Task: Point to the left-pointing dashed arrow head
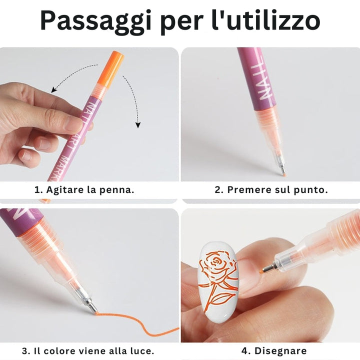pyautogui.click(x=53, y=90)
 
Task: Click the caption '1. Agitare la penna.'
pyautogui.click(x=84, y=190)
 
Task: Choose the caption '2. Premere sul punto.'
pyautogui.click(x=271, y=190)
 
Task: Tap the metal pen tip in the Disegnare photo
pyautogui.click(x=265, y=269)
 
